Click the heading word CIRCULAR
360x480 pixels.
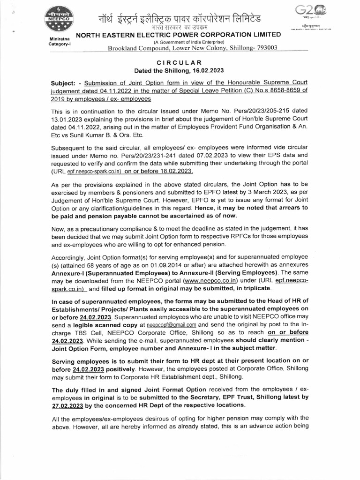click(x=180, y=62)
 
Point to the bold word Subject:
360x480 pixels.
click(x=64, y=83)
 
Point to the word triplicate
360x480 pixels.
click(x=255, y=288)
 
